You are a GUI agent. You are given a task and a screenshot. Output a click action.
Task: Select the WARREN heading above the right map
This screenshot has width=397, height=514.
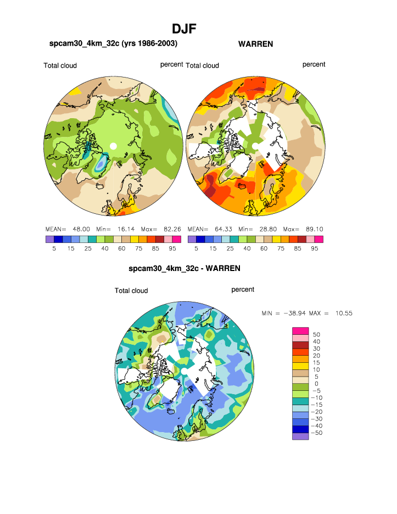point(255,44)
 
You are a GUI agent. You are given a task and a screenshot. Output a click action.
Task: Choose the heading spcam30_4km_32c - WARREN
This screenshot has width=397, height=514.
point(184,269)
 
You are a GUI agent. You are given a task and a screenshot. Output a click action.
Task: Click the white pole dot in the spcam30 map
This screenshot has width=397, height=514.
point(113,146)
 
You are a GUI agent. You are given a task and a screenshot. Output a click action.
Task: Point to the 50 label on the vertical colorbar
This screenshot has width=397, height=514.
point(316,334)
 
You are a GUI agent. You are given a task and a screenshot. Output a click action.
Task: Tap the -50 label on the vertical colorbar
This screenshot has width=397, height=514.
point(316,433)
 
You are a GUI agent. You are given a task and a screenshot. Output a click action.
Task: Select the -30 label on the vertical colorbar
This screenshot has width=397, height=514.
point(316,419)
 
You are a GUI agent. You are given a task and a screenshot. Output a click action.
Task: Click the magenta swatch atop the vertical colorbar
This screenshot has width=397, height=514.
point(301,330)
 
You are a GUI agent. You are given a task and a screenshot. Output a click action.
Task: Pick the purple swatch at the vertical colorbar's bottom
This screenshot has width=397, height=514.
point(301,436)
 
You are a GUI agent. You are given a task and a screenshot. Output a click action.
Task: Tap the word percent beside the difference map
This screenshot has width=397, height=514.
point(243,290)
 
